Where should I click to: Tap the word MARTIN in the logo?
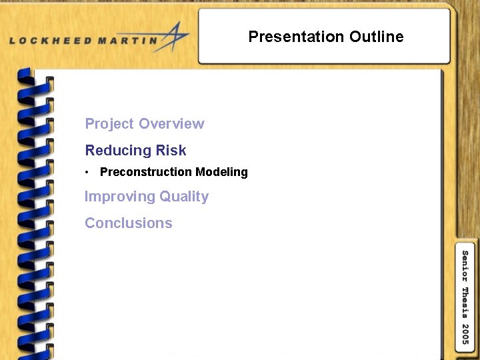point(125,40)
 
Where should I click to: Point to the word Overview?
point(171,124)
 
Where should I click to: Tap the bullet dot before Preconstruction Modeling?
point(87,173)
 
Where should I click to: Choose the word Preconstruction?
point(145,172)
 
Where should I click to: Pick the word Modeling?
point(221,172)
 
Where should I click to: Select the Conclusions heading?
point(129,223)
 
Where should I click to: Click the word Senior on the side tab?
point(465,266)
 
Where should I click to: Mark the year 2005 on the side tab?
point(465,335)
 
